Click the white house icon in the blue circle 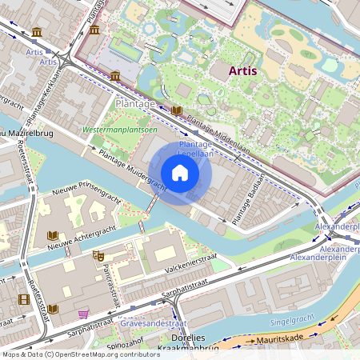[x=180, y=173]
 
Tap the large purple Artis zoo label [x=242, y=71]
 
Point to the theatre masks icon [x=98, y=255]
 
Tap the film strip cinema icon [x=23, y=299]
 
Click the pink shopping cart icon [x=84, y=313]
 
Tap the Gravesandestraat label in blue [x=147, y=323]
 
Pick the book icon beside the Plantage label [x=177, y=110]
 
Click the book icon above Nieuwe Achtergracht [x=53, y=236]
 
